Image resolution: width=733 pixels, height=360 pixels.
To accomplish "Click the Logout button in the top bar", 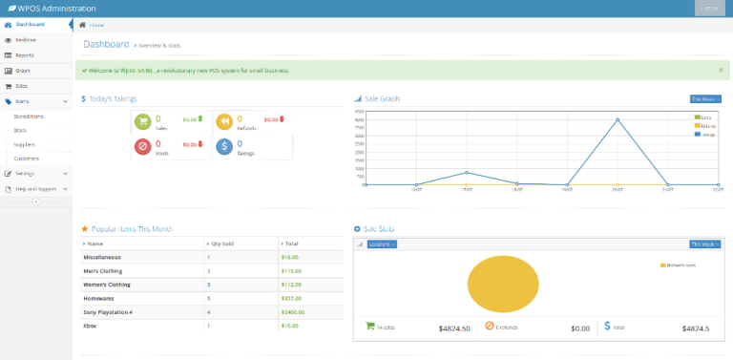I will [708, 8].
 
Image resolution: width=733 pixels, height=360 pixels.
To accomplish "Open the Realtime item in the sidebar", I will [25, 40].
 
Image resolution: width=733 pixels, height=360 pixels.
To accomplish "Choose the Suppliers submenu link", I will [24, 144].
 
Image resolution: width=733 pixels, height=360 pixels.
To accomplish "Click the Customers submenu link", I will [26, 159].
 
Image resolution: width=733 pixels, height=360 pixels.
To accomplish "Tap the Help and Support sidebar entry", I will [36, 189].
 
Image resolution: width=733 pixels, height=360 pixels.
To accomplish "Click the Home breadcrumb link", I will [96, 25].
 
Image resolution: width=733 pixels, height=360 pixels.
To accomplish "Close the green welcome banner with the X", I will [721, 70].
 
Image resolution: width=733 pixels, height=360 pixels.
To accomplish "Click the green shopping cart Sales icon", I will [142, 120].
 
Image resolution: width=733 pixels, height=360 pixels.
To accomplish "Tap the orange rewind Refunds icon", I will [223, 120].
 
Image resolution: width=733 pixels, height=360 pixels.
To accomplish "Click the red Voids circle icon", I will [142, 146].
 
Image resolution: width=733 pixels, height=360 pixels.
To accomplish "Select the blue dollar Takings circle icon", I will [223, 146].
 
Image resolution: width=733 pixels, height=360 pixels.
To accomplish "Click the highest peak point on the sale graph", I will [618, 120].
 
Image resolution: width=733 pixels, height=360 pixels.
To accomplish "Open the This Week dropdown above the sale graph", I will [704, 98].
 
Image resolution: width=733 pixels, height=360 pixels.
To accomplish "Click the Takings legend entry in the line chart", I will [706, 135].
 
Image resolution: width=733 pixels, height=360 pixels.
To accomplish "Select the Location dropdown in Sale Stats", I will [382, 244].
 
